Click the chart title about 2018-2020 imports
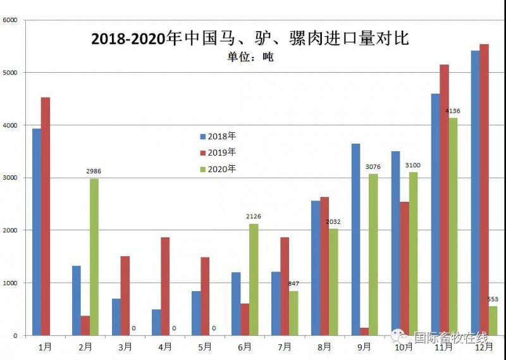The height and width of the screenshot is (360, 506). point(250,39)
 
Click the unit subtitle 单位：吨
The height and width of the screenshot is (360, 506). point(250,57)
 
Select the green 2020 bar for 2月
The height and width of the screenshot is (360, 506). point(94,256)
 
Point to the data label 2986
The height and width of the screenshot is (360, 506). point(94,171)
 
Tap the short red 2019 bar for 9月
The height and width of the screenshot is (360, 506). point(364,331)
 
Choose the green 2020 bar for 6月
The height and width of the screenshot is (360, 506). point(254,279)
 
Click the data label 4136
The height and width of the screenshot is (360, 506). point(453,111)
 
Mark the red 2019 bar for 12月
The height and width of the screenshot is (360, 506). point(484,190)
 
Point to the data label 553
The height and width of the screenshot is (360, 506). point(493,299)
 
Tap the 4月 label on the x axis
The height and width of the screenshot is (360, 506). point(164,347)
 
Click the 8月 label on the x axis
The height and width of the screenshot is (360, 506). point(324,347)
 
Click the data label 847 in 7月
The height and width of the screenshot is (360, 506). point(293,284)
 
